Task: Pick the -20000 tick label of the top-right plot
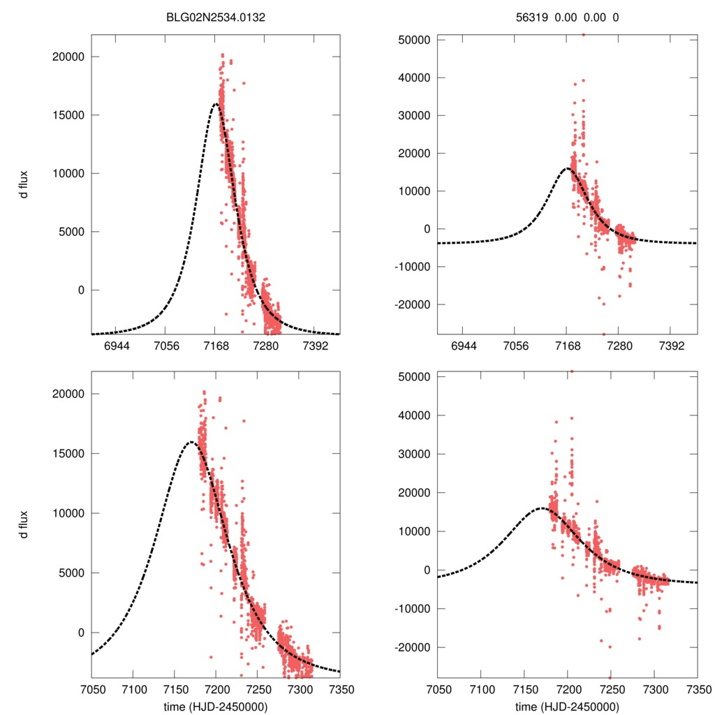[x=412, y=304]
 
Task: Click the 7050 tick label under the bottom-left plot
[x=91, y=689]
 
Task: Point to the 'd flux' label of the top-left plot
[x=24, y=184]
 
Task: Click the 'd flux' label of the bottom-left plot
[x=24, y=522]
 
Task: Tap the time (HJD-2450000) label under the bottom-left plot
[x=215, y=705]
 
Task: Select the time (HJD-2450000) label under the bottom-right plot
[x=567, y=705]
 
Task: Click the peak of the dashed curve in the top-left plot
[x=216, y=104]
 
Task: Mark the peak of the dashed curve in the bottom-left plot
[x=191, y=441]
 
